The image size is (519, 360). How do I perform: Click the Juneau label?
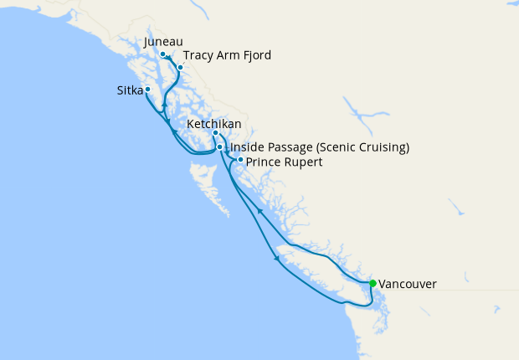163,41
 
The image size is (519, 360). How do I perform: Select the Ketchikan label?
214,124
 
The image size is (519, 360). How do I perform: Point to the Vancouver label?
407,285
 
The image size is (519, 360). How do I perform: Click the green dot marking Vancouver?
373,283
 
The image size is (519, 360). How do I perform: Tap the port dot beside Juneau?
162,54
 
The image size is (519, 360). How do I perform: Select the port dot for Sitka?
147,89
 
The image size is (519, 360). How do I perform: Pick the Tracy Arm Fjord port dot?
179,67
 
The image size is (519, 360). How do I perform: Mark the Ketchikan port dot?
215,133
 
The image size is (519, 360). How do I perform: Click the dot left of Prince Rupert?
240,159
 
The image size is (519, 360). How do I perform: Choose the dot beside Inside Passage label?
220,147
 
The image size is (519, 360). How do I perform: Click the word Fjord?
255,55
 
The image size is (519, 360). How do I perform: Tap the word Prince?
263,162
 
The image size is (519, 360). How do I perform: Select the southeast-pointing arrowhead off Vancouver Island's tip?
277,259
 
